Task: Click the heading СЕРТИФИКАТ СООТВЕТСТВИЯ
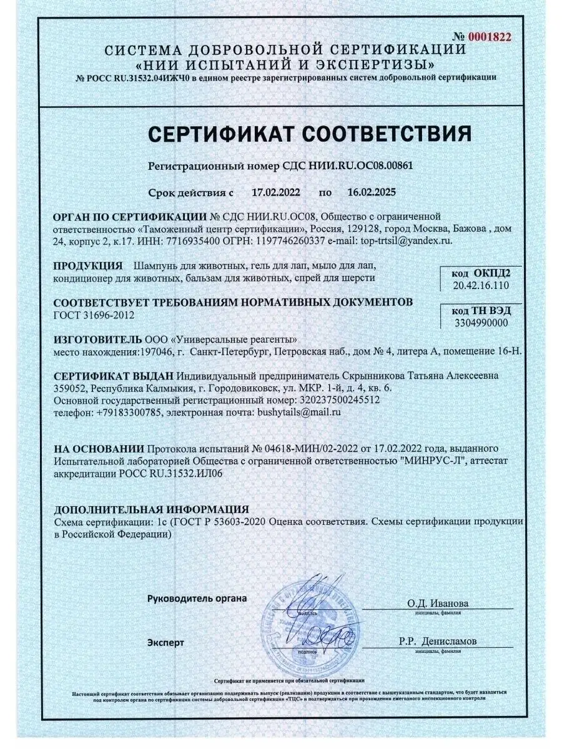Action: pos(309,134)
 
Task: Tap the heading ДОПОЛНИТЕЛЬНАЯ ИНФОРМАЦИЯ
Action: pos(151,509)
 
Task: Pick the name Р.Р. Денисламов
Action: pos(438,641)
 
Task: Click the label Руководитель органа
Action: pos(197,598)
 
